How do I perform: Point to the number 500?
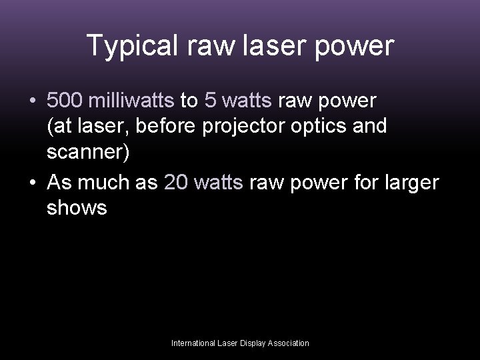coord(63,101)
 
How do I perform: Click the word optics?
coord(323,126)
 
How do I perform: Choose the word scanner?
coord(83,152)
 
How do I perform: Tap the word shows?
coord(77,207)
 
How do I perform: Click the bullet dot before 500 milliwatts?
coord(33,101)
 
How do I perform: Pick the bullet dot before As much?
coord(33,183)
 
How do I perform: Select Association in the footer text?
coord(288,343)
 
